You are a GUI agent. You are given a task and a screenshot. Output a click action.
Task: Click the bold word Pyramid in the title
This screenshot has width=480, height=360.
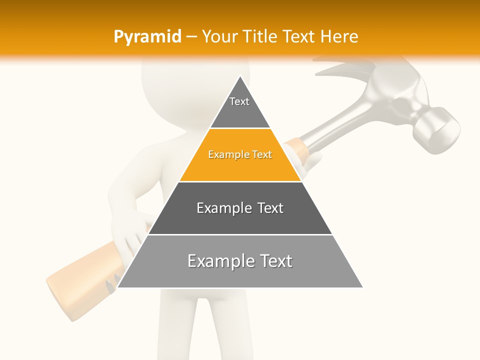pos(147,36)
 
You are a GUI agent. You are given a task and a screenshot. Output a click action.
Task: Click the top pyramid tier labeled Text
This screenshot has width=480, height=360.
pos(239,107)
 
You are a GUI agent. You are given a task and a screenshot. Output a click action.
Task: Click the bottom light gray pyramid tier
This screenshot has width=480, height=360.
pos(240,270)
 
